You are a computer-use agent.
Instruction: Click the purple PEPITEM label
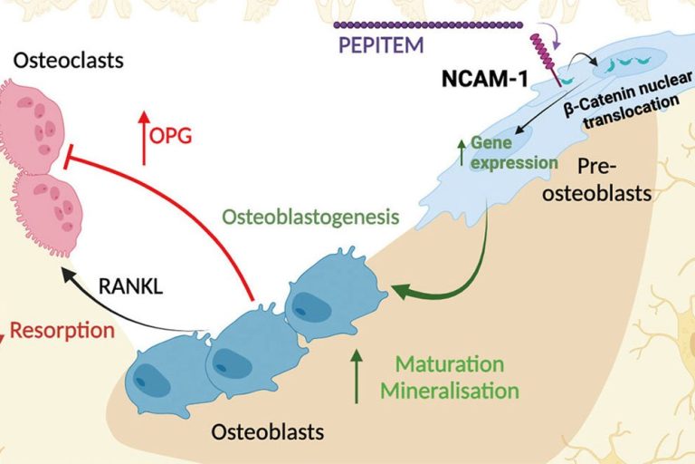[x=381, y=45]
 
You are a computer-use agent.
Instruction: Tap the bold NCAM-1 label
[x=485, y=79]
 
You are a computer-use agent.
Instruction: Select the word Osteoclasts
[x=68, y=60]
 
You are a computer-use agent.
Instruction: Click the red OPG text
[x=171, y=136]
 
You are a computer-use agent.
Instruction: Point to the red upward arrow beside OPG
[x=143, y=138]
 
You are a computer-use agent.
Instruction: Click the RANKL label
[x=130, y=286]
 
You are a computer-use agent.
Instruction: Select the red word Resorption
[x=62, y=331]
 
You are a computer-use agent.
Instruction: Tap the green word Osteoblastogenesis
[x=310, y=217]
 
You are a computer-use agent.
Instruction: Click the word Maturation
[x=450, y=364]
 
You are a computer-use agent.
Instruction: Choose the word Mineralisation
[x=450, y=391]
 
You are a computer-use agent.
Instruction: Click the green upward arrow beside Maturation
[x=357, y=376]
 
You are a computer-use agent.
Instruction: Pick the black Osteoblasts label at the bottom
[x=267, y=431]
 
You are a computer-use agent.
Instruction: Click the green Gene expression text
[x=514, y=153]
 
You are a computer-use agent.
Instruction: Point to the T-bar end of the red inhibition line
[x=66, y=156]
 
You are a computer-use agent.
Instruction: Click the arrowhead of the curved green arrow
[x=401, y=291]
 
